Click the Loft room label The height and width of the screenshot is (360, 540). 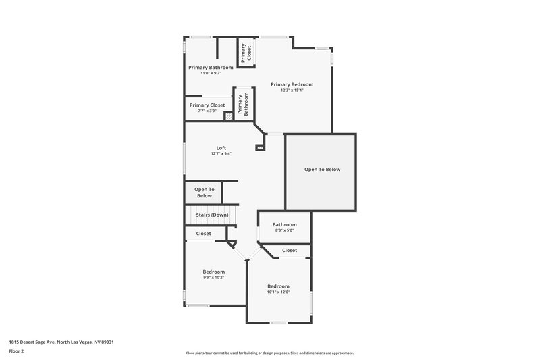click(221, 147)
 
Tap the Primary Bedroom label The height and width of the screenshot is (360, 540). click(292, 84)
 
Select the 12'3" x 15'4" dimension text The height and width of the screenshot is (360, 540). click(292, 91)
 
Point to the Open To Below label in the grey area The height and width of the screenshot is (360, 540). click(322, 169)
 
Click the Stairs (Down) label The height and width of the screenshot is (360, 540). click(212, 215)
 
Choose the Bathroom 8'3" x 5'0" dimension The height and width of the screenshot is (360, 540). click(284, 230)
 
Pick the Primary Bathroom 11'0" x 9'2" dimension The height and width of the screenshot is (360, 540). click(211, 73)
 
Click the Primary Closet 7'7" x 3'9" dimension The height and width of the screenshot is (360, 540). click(207, 111)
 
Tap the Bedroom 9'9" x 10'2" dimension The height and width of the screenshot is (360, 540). click(213, 277)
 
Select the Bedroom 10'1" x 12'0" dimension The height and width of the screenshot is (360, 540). click(278, 292)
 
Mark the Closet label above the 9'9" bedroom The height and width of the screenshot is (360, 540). click(203, 233)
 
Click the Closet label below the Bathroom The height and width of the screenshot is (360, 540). click(289, 250)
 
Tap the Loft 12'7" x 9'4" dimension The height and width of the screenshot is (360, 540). click(221, 153)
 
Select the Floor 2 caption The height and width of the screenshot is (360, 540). click(16, 351)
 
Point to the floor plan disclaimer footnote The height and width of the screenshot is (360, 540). click(269, 353)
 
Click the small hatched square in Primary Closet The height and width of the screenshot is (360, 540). click(229, 116)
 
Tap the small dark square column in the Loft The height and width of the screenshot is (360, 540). click(259, 147)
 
